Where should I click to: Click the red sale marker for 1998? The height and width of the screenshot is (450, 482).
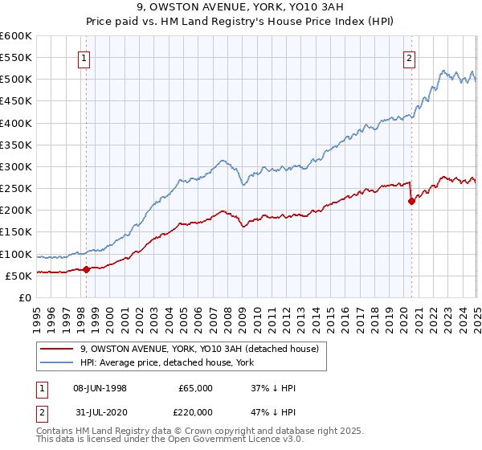[x=86, y=269]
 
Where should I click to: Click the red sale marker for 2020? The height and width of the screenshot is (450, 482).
[x=411, y=202]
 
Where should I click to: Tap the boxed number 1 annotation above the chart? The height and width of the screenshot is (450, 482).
[x=84, y=57]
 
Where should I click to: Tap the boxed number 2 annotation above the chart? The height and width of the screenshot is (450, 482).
[x=410, y=57]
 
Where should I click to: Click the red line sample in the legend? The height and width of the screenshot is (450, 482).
[x=56, y=349]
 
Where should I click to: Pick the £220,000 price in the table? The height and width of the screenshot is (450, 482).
[x=195, y=411]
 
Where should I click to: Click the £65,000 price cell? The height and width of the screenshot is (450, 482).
[x=195, y=388]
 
